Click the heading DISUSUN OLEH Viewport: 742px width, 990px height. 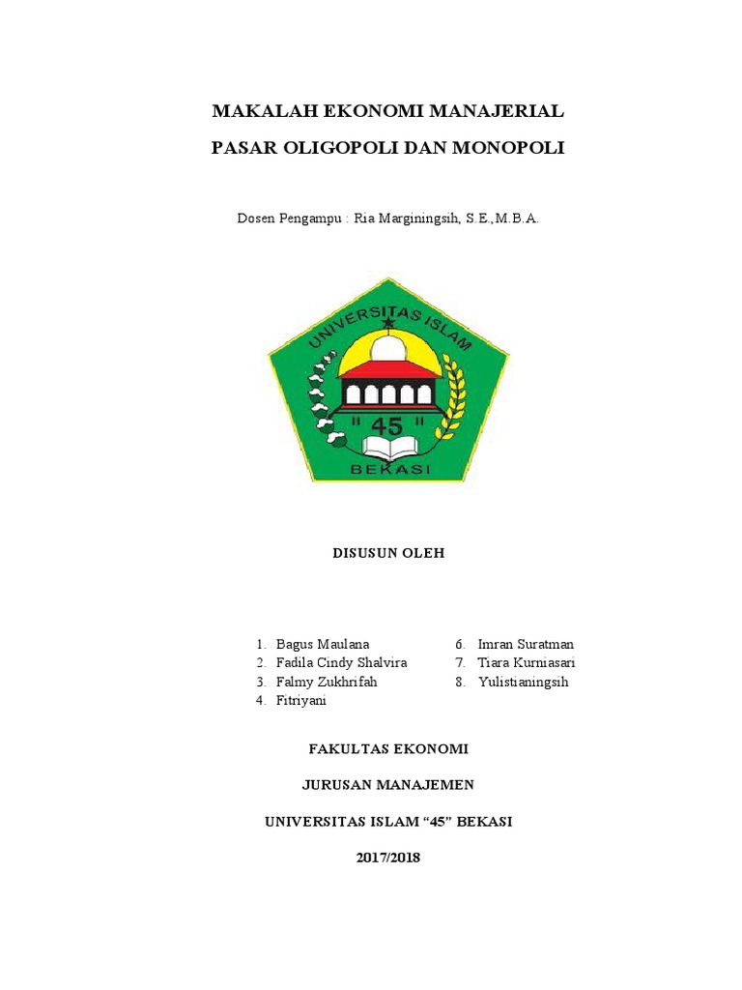tap(387, 554)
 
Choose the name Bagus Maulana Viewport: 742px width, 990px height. tap(323, 644)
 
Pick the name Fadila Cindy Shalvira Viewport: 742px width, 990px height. tap(341, 662)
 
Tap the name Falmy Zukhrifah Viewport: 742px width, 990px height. tap(327, 682)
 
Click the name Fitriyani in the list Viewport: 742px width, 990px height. tap(301, 700)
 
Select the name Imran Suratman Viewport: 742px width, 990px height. tap(526, 644)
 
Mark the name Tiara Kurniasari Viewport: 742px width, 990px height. tap(527, 662)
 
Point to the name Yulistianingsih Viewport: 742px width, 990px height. tap(523, 682)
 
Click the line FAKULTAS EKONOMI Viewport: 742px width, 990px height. tap(387, 748)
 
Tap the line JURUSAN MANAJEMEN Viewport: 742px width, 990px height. tap(387, 784)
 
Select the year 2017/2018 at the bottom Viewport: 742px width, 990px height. tap(387, 857)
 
